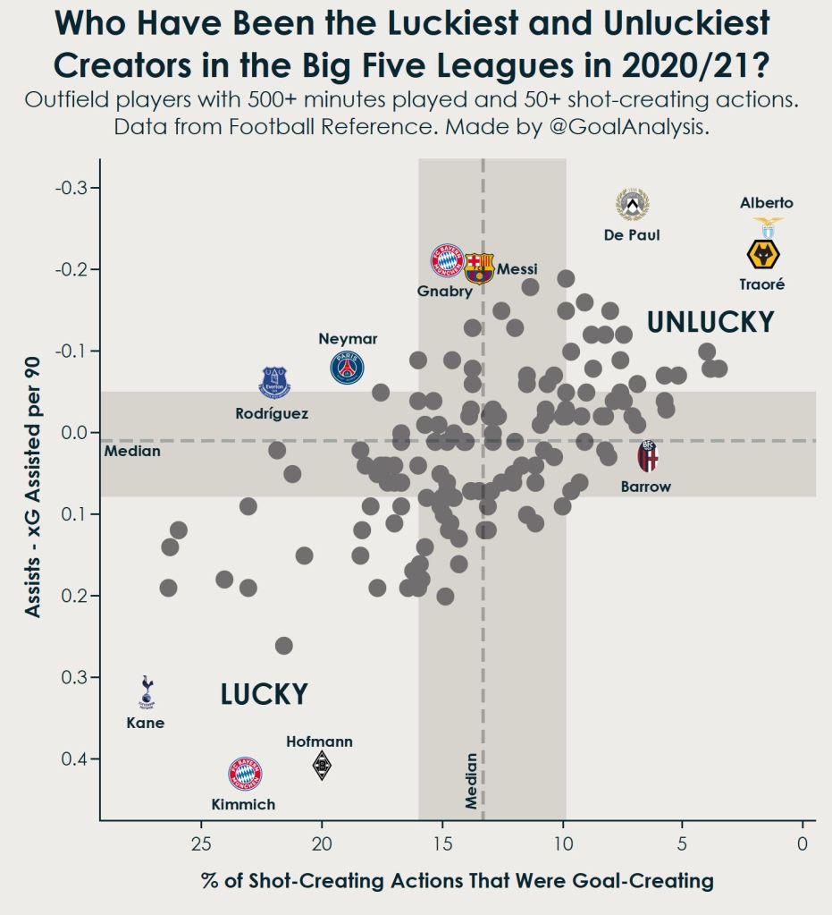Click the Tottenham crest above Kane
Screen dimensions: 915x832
point(147,692)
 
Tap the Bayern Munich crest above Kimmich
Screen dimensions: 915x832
point(245,773)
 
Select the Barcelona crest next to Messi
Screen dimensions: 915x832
point(479,267)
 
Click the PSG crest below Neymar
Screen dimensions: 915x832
point(347,368)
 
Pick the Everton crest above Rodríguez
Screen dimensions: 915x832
point(274,382)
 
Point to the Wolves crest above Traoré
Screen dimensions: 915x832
point(763,254)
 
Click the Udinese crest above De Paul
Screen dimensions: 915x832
point(632,205)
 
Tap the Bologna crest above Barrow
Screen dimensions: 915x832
point(648,457)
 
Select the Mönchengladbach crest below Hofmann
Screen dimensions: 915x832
point(322,766)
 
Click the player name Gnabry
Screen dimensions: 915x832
point(440,291)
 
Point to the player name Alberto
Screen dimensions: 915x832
point(766,203)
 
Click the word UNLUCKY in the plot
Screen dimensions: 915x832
point(710,322)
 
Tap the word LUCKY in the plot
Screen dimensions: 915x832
point(264,694)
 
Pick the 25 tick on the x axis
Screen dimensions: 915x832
point(201,842)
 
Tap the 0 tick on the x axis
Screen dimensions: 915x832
point(803,842)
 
